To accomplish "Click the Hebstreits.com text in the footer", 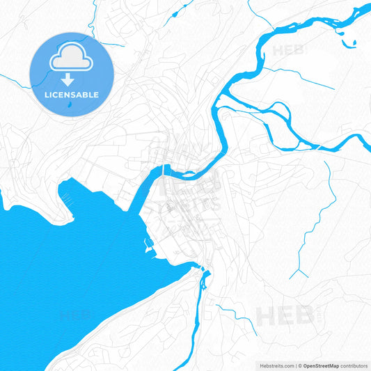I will (274, 365).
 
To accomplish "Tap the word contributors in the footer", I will (354, 365).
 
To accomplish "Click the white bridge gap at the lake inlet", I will (165, 169).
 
